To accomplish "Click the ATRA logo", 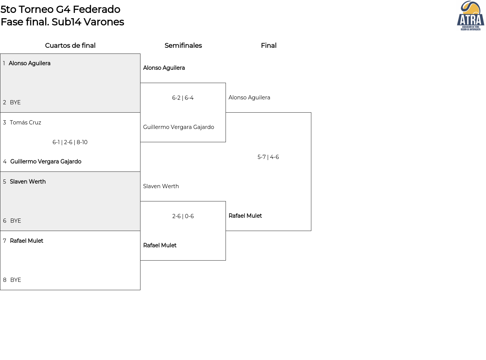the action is click(x=470, y=16).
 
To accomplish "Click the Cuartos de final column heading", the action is click(x=70, y=46).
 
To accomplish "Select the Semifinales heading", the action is click(x=183, y=46).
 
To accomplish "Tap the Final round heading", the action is click(x=269, y=46).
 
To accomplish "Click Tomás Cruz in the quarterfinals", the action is click(x=25, y=123).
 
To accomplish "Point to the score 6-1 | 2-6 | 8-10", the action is click(x=70, y=142).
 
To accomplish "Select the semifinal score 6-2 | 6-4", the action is click(x=183, y=98).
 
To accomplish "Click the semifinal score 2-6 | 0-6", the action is click(x=183, y=216).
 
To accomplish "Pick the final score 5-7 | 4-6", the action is click(x=268, y=157).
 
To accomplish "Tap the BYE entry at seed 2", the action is click(x=15, y=102).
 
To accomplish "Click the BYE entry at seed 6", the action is click(x=16, y=221).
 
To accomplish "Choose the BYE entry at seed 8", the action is click(x=16, y=280).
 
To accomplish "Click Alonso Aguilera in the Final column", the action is click(x=249, y=97).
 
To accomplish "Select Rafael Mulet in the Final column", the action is click(x=245, y=216).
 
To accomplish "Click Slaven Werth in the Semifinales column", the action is click(x=161, y=186).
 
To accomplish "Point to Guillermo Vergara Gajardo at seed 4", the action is click(x=46, y=162).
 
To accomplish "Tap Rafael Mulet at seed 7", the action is click(x=27, y=241).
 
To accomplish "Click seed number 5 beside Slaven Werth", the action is click(x=5, y=182).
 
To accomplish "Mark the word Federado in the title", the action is click(x=96, y=9).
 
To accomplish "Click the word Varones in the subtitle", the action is click(x=104, y=22).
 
